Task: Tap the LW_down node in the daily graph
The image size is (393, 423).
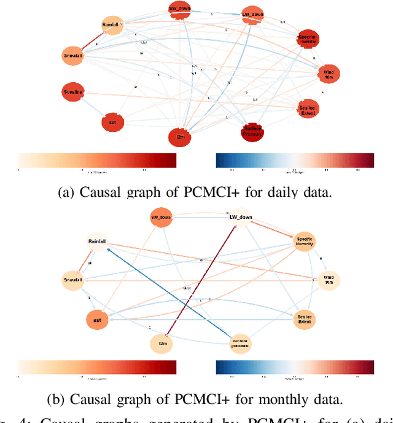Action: pyautogui.click(x=252, y=13)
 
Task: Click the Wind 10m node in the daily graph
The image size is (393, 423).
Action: pyautogui.click(x=327, y=74)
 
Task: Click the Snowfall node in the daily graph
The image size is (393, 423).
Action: pyautogui.click(x=73, y=55)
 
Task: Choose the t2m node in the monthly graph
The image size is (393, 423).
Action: pyautogui.click(x=162, y=344)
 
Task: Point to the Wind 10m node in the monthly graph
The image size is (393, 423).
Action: pyautogui.click(x=330, y=280)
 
